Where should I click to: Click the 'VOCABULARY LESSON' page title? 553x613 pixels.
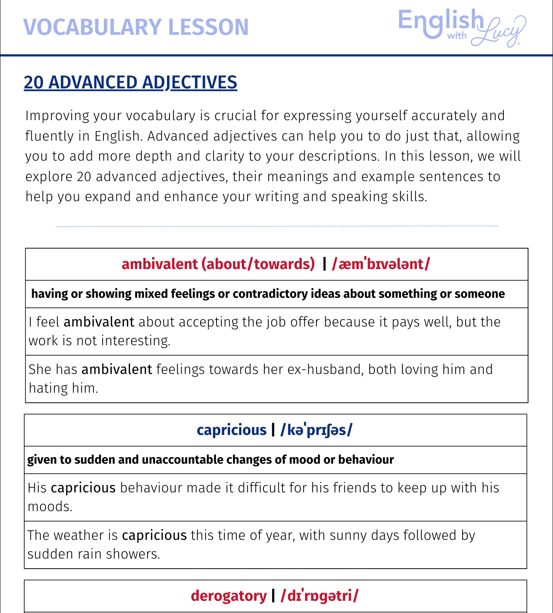pyautogui.click(x=136, y=27)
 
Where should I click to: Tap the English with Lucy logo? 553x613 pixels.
pyautogui.click(x=462, y=27)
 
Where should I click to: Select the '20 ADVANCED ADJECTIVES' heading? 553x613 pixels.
pyautogui.click(x=130, y=82)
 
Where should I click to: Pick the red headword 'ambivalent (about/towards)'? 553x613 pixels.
pyautogui.click(x=218, y=264)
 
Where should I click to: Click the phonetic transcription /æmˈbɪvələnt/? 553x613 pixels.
pyautogui.click(x=381, y=264)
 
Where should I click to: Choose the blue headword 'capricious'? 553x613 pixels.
pyautogui.click(x=231, y=430)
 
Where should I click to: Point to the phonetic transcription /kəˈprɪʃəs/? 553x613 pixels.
pyautogui.click(x=316, y=430)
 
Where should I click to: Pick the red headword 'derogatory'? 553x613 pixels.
pyautogui.click(x=229, y=596)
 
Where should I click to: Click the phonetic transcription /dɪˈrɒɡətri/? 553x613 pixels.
pyautogui.click(x=320, y=596)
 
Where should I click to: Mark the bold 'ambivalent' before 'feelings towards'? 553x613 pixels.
pyautogui.click(x=117, y=369)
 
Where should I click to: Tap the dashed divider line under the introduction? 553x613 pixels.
pyautogui.click(x=276, y=226)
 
